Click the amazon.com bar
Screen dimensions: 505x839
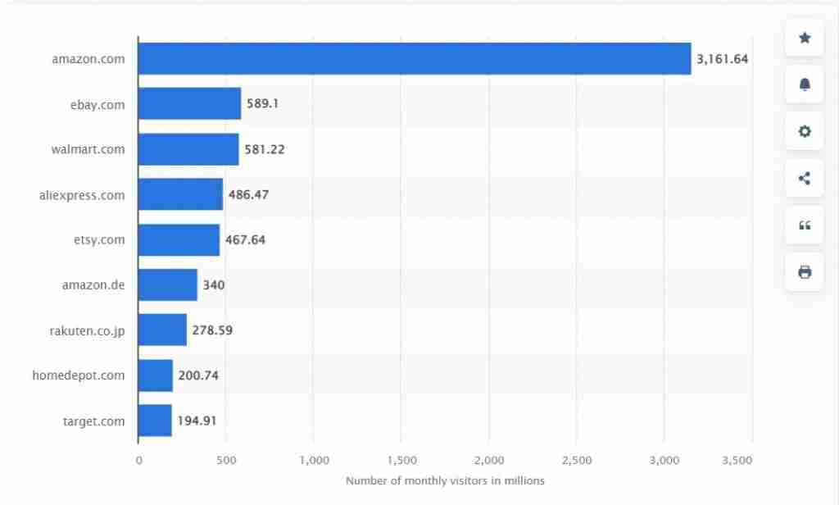point(414,59)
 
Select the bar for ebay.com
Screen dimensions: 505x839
point(189,104)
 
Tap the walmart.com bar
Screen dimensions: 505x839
point(188,149)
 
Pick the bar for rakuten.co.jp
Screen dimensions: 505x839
point(162,330)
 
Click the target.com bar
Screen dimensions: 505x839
point(155,421)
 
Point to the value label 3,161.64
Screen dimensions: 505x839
point(722,59)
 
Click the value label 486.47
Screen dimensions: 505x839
point(248,195)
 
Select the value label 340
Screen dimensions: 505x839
point(213,285)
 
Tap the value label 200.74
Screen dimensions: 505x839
point(197,375)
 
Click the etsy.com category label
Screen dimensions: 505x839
point(99,239)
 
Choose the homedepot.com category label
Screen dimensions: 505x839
point(79,375)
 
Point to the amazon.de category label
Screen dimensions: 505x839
point(93,285)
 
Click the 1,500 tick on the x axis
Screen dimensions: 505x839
point(401,461)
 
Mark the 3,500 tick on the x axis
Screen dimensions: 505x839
point(737,461)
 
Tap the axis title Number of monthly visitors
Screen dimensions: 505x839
point(445,481)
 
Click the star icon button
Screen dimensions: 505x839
point(804,38)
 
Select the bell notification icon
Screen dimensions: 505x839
point(804,84)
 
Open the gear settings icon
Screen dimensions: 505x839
point(804,131)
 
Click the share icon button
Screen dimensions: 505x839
point(804,178)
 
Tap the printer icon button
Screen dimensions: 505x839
point(804,271)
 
